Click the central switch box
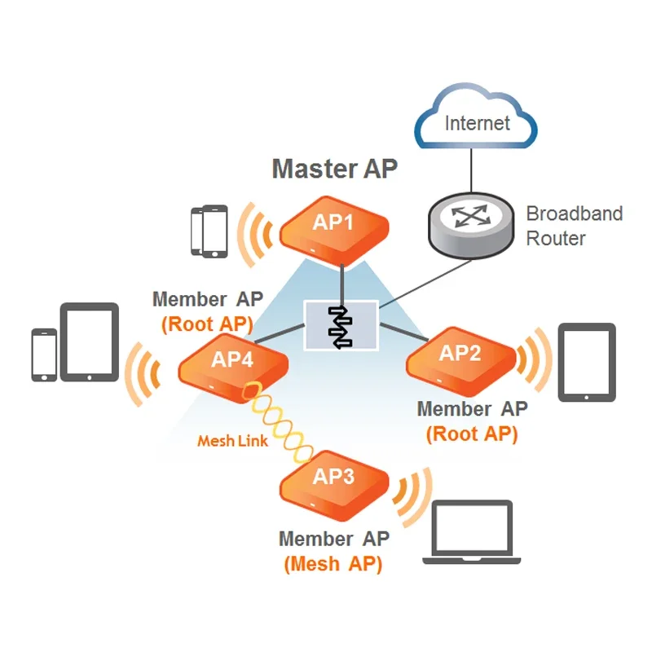click(341, 325)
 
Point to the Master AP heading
click(334, 169)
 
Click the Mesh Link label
click(232, 441)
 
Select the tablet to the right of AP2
click(586, 363)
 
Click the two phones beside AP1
click(209, 231)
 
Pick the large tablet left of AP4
click(90, 342)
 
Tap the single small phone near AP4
click(44, 355)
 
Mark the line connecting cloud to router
click(471, 173)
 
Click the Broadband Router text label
click(574, 226)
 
